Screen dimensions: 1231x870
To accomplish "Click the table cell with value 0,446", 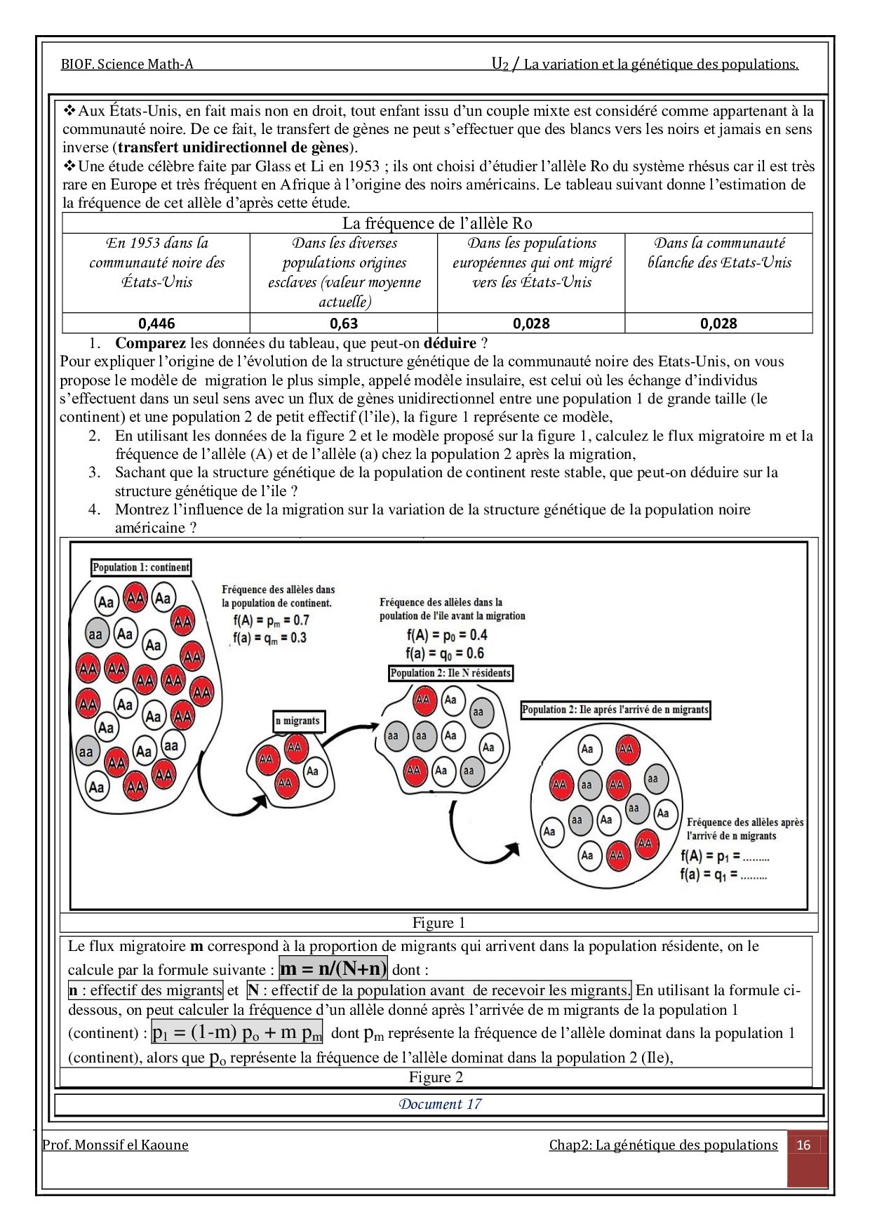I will (156, 324).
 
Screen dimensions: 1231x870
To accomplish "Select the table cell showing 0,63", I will (344, 324).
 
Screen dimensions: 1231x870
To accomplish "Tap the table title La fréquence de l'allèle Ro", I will (437, 223).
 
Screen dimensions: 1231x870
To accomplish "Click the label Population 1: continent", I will (141, 567).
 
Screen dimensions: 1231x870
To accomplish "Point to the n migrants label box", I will (297, 721).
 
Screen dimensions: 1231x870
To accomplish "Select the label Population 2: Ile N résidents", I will (450, 673).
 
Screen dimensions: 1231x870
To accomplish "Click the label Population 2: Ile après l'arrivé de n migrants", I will (615, 710).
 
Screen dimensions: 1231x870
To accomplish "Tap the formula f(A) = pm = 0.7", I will (271, 620).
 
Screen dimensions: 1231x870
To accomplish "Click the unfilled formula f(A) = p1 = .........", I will (725, 856).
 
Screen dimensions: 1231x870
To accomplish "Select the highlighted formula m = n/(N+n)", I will (333, 969).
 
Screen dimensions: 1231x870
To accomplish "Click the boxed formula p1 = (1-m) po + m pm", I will (237, 1032).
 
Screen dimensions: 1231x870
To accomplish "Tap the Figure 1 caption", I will (439, 923).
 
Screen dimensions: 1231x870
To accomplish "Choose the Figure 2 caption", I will (436, 1077).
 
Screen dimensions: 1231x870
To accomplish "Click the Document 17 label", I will (440, 1104).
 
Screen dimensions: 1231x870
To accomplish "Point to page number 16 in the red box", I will (804, 1145).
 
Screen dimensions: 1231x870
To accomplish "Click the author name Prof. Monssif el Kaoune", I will (115, 1145).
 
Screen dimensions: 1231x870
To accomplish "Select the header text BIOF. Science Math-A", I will (127, 65).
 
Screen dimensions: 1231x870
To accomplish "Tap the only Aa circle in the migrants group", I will (313, 771).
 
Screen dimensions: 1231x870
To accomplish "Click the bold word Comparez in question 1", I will (150, 343).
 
